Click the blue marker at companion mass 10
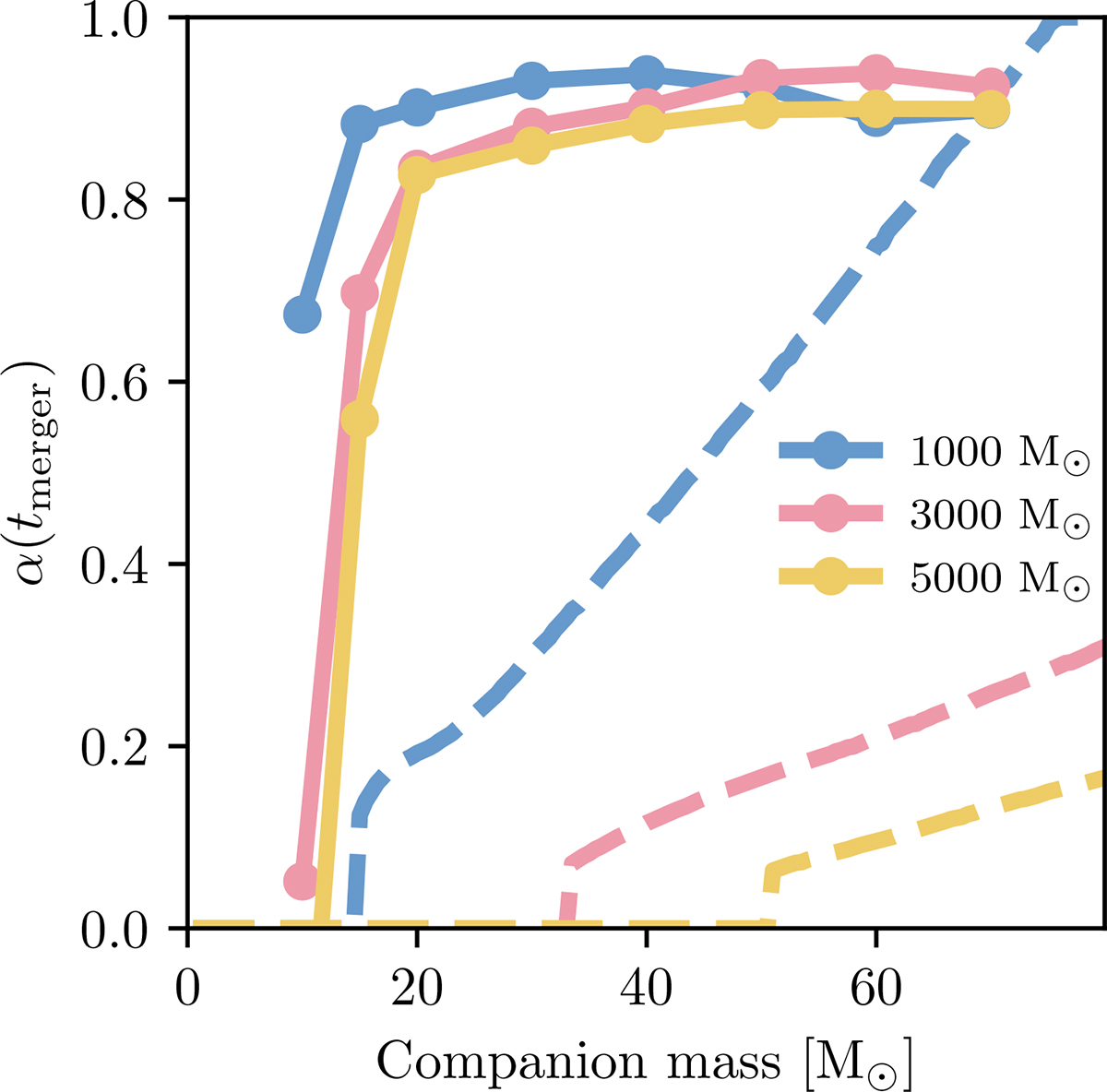point(302,315)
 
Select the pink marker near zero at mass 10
point(302,881)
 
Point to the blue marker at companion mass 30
point(530,81)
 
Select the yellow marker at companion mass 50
point(760,109)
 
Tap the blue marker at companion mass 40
point(646,74)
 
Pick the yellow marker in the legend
point(831,577)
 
